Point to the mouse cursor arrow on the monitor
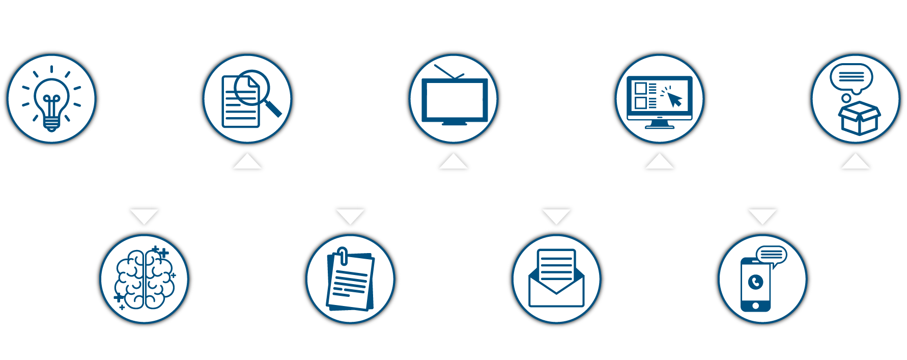pyautogui.click(x=674, y=99)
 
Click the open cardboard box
pyautogui.click(x=859, y=118)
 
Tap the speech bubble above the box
pyautogui.click(x=851, y=77)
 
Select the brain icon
pyautogui.click(x=145, y=279)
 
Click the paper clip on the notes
pyautogui.click(x=343, y=256)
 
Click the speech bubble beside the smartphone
pyautogui.click(x=772, y=255)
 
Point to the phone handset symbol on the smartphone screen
pyautogui.click(x=756, y=282)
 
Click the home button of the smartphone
pyautogui.click(x=755, y=306)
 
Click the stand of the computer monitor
pyautogui.click(x=660, y=124)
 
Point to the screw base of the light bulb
pyautogui.click(x=51, y=124)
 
